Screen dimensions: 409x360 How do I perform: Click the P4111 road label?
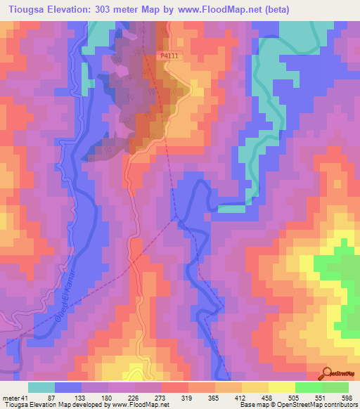pos(169,56)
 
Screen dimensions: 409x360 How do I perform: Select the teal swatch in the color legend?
pos(41,387)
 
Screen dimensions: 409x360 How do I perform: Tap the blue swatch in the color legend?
pos(68,387)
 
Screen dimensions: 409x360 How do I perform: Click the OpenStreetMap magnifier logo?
pos(328,372)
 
